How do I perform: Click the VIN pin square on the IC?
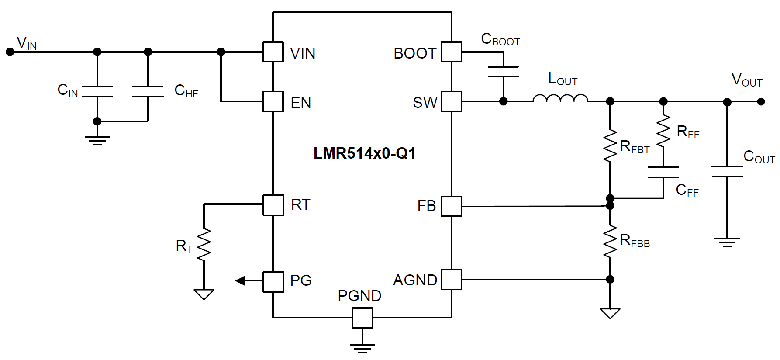point(273,52)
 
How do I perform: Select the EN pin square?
point(273,102)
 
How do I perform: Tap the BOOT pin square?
point(451,52)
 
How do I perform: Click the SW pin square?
point(451,102)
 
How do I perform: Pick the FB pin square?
point(451,206)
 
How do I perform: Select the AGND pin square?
point(451,279)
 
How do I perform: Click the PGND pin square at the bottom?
point(362,318)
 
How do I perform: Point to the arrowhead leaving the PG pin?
point(240,280)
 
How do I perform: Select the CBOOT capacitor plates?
point(503,72)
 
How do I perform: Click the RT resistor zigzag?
point(204,245)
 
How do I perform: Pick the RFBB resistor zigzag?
point(610,242)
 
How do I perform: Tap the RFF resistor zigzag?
point(663,131)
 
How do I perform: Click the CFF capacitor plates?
point(663,172)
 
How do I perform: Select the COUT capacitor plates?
point(727,172)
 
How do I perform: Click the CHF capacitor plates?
point(148,91)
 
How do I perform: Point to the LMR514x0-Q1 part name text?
point(364,153)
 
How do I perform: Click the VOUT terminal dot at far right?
point(761,102)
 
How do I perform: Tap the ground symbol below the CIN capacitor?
point(97,140)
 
